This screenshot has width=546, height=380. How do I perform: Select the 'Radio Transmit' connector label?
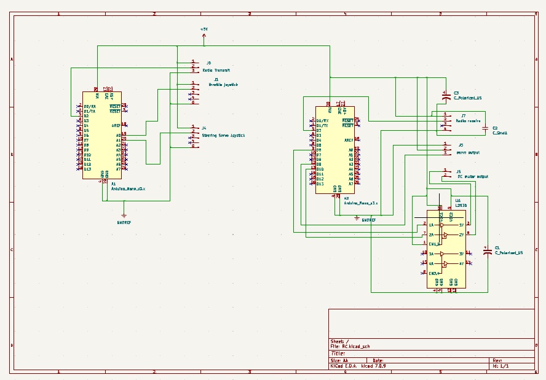click(216, 71)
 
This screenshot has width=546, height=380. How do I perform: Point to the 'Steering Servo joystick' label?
click(223, 135)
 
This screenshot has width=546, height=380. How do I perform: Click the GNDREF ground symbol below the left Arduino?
click(124, 215)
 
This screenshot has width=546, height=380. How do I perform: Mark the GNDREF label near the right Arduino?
click(368, 219)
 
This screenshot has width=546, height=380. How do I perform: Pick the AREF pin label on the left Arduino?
click(116, 125)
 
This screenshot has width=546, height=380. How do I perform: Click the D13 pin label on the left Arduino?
click(87, 169)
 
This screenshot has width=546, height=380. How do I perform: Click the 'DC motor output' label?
click(473, 176)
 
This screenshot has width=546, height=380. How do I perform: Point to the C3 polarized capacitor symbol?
click(445, 96)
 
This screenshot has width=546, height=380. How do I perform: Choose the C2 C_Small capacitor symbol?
click(486, 128)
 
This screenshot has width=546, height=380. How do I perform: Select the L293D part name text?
click(461, 205)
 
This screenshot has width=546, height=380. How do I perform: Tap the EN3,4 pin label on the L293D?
click(434, 273)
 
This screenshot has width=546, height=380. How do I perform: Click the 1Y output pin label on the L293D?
click(461, 225)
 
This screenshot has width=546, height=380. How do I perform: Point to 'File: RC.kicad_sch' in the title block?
click(350, 346)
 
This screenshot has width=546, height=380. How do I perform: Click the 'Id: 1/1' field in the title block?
click(501, 366)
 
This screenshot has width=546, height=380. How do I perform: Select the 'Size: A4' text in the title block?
click(339, 360)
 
